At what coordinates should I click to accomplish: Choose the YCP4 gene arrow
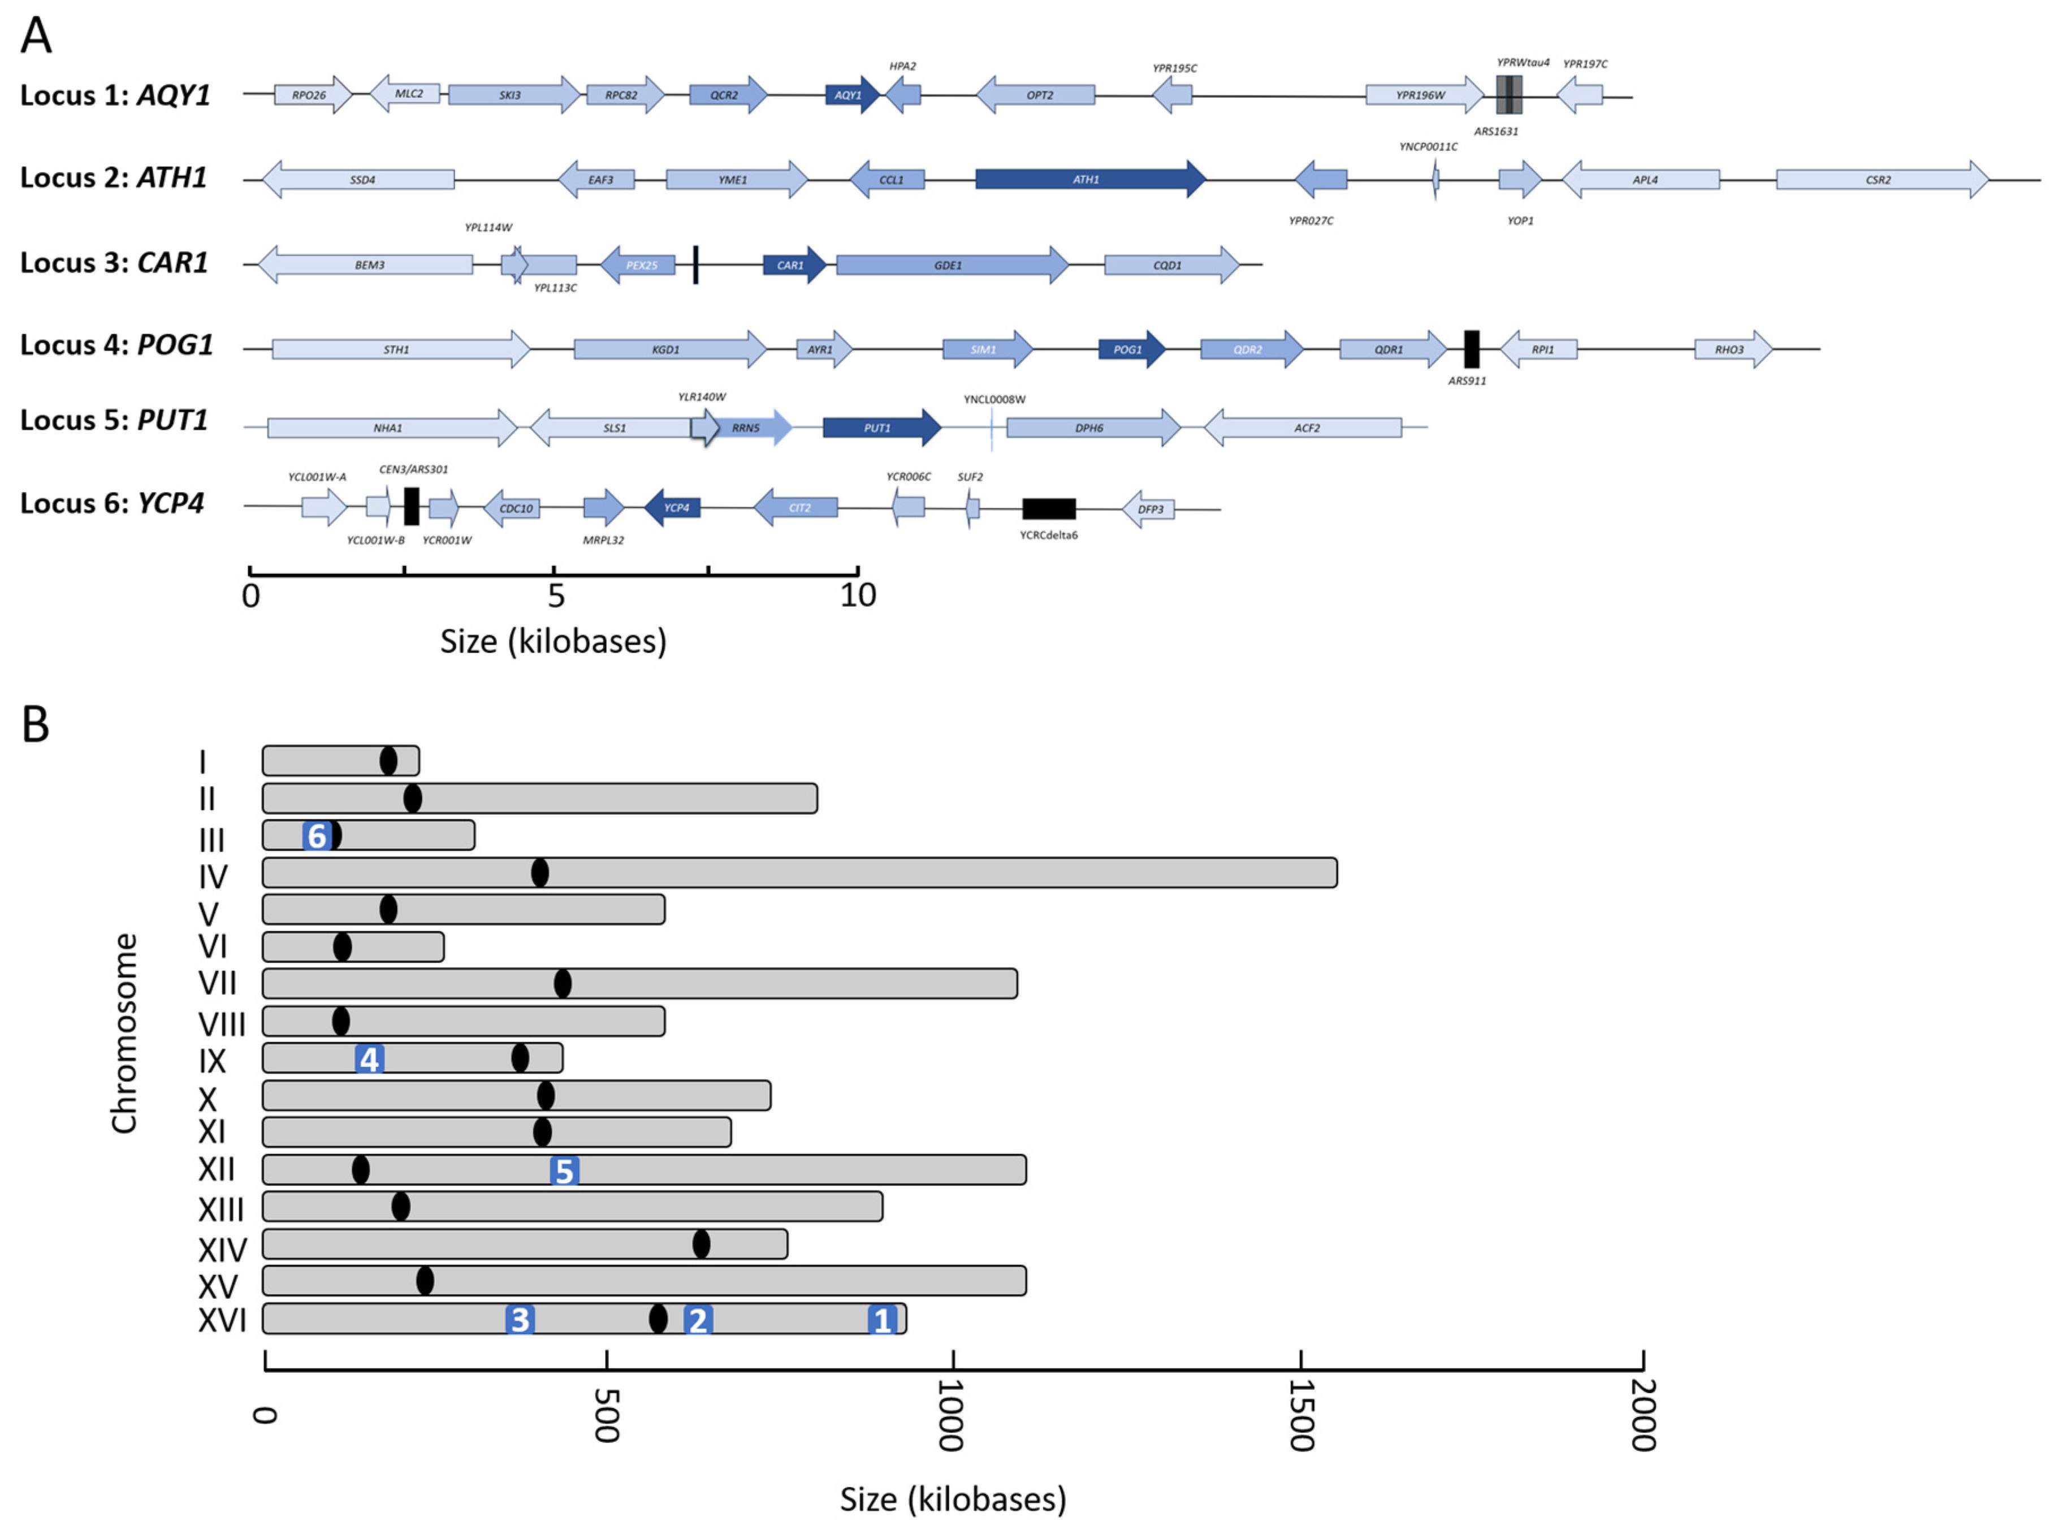click(x=673, y=508)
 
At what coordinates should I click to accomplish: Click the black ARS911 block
click(x=1471, y=349)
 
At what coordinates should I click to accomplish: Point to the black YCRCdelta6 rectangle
click(x=1048, y=509)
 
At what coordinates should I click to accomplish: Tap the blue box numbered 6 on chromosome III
click(x=317, y=836)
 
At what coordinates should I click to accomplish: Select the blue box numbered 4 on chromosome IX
click(x=370, y=1058)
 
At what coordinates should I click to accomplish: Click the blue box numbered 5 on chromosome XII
click(x=564, y=1171)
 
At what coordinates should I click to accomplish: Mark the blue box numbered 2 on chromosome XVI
click(x=697, y=1320)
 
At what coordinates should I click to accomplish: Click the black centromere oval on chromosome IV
click(x=539, y=873)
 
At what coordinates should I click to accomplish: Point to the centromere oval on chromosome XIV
click(x=701, y=1245)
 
